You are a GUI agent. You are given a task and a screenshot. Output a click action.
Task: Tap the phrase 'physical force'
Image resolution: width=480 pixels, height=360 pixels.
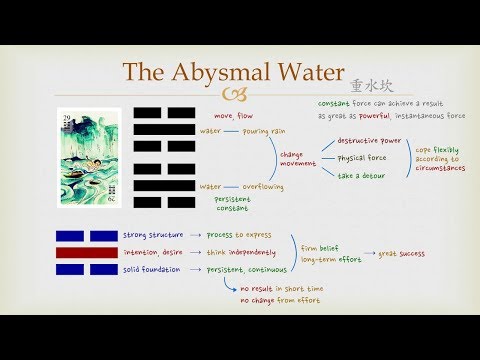[x=363, y=158]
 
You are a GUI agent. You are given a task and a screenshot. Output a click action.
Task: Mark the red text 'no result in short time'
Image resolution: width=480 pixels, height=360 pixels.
[x=280, y=289]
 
